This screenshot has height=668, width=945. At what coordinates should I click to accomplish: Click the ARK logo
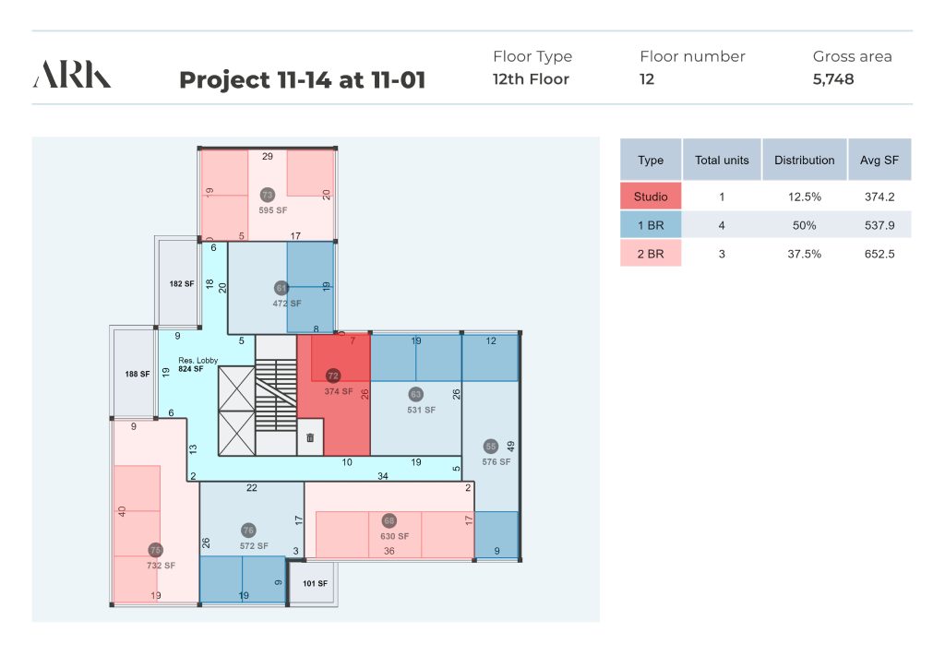pyautogui.click(x=72, y=74)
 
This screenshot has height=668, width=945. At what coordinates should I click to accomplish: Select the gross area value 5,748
pyautogui.click(x=833, y=79)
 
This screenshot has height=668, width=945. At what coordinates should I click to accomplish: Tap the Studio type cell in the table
pyautogui.click(x=651, y=197)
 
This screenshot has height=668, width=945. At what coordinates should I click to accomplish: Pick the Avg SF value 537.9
pyautogui.click(x=879, y=225)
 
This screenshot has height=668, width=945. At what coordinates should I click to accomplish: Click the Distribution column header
pyautogui.click(x=804, y=161)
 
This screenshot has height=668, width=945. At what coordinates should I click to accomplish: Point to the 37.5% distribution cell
pyautogui.click(x=804, y=254)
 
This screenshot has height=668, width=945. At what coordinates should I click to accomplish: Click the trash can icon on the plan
pyautogui.click(x=310, y=437)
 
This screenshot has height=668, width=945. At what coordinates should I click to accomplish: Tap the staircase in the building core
pyautogui.click(x=275, y=395)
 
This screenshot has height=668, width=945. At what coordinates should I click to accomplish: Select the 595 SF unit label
pyautogui.click(x=273, y=210)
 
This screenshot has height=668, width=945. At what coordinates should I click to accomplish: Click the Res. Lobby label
pyautogui.click(x=197, y=360)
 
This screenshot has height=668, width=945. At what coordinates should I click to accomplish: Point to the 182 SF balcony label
pyautogui.click(x=182, y=283)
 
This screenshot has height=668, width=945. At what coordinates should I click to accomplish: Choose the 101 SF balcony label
pyautogui.click(x=315, y=583)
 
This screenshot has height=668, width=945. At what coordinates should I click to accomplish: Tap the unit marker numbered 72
pyautogui.click(x=332, y=376)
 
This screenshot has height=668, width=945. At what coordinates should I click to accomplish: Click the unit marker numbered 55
pyautogui.click(x=491, y=447)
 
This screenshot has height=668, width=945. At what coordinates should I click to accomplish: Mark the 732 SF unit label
pyautogui.click(x=161, y=565)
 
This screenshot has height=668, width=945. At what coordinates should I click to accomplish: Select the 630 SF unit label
pyautogui.click(x=394, y=536)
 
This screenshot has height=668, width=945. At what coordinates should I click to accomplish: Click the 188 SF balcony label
pyautogui.click(x=138, y=374)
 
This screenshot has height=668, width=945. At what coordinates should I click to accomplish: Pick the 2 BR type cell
pyautogui.click(x=651, y=254)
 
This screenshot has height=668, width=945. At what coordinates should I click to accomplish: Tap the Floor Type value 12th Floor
pyautogui.click(x=531, y=79)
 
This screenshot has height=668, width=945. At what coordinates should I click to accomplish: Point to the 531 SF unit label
pyautogui.click(x=421, y=410)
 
